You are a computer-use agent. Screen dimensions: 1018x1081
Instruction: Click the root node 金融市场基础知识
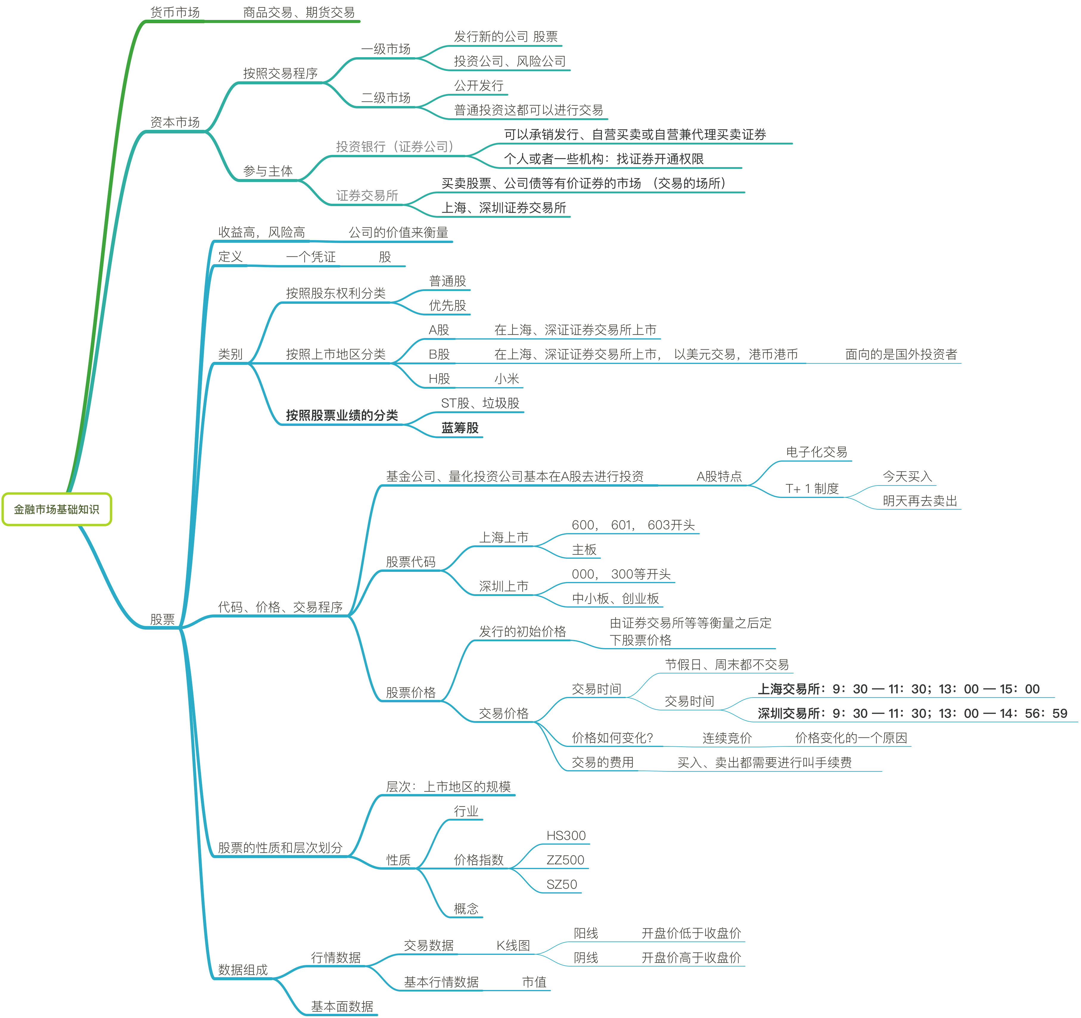coord(57,510)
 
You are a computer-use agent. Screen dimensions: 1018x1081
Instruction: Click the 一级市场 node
coord(386,49)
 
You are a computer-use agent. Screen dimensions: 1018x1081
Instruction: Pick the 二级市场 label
coord(386,98)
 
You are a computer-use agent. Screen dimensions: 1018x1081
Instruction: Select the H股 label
coord(439,379)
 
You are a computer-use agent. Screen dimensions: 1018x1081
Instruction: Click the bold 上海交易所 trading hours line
coord(898,689)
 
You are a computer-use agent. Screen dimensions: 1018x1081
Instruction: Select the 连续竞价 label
coord(726,738)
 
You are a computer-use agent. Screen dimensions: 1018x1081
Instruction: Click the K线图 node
coord(513,946)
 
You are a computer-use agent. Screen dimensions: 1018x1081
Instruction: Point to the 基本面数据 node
coord(342,1007)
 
